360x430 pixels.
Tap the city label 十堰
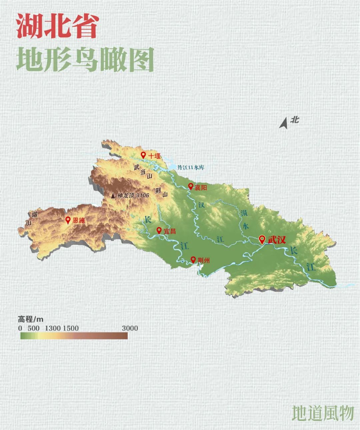pyautogui.click(x=154, y=156)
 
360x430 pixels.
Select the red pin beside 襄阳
pyautogui.click(x=191, y=187)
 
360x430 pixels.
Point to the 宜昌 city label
pyautogui.click(x=170, y=231)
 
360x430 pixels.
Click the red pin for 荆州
pyautogui.click(x=193, y=260)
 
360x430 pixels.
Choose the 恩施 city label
pyautogui.click(x=79, y=220)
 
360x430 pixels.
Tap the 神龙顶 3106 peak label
pyautogui.click(x=133, y=195)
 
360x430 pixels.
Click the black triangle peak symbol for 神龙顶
pyautogui.click(x=113, y=196)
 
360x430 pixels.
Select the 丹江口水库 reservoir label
pyautogui.click(x=191, y=167)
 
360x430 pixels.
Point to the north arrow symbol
pyautogui.click(x=284, y=123)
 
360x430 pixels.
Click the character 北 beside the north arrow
pyautogui.click(x=294, y=119)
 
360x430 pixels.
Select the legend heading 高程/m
pyautogui.click(x=31, y=319)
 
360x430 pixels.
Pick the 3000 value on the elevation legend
pyautogui.click(x=130, y=328)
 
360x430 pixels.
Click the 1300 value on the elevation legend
pyautogui.click(x=53, y=328)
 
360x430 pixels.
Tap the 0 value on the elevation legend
pyautogui.click(x=20, y=328)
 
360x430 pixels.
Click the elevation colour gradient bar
pyautogui.click(x=74, y=335)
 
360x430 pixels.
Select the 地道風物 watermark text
pyautogui.click(x=322, y=413)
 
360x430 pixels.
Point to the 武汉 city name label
pyautogui.click(x=277, y=240)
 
